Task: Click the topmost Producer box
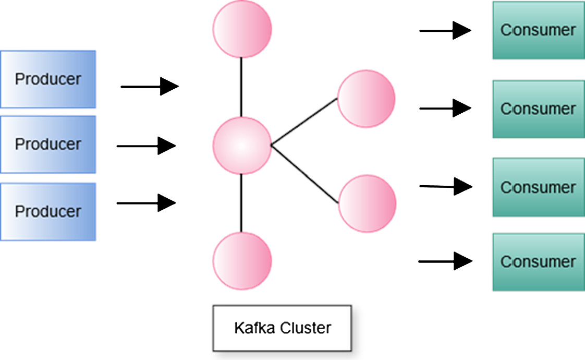point(48,79)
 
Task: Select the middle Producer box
point(48,144)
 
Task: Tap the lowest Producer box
point(48,211)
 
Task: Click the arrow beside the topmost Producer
point(150,87)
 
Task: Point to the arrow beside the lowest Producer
point(146,202)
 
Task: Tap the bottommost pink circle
point(242,260)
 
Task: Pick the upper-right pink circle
point(366,99)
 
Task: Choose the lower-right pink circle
point(367,203)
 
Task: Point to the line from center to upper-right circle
point(304,122)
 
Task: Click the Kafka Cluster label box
point(282,328)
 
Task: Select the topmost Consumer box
point(538,30)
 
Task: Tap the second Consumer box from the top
point(538,109)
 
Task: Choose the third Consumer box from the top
point(538,187)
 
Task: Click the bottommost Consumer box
point(538,261)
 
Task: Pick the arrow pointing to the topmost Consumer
point(445,31)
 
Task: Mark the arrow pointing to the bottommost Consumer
point(445,261)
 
